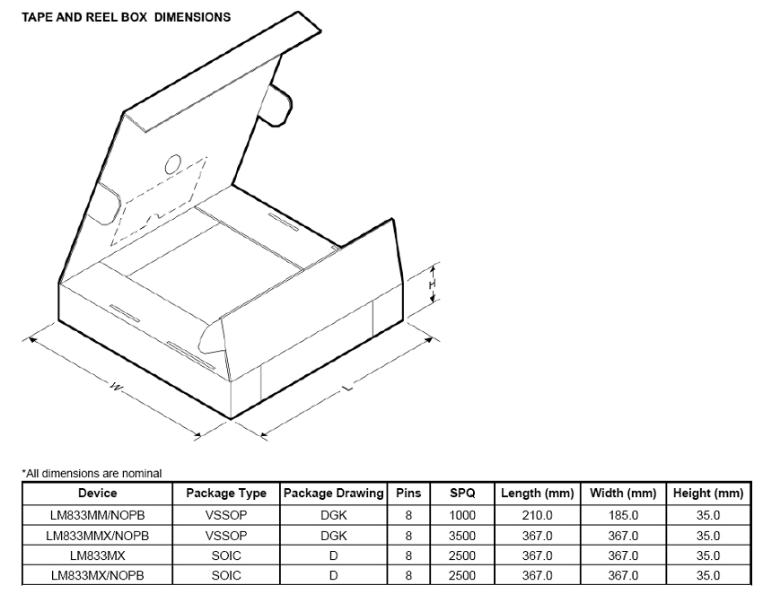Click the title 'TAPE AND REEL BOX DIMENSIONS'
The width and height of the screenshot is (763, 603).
click(126, 17)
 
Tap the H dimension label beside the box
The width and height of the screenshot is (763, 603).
click(433, 284)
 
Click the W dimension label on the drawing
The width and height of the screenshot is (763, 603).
click(116, 387)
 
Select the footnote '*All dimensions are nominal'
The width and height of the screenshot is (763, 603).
click(92, 473)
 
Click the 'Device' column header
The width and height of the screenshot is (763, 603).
click(98, 494)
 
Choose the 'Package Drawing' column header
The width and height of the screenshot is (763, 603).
click(333, 494)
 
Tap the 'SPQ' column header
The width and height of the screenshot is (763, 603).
click(462, 494)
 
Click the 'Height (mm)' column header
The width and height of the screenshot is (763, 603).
click(708, 494)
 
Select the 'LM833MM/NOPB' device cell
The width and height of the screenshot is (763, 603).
click(98, 515)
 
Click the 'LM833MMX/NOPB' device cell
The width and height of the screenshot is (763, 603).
click(98, 535)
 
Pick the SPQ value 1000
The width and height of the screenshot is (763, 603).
click(462, 515)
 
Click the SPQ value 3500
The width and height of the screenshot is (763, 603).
click(462, 535)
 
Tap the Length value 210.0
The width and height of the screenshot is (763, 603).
click(538, 515)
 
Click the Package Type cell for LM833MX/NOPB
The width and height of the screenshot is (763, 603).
click(226, 575)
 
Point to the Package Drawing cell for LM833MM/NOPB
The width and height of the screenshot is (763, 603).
click(333, 515)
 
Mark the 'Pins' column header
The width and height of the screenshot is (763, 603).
click(408, 494)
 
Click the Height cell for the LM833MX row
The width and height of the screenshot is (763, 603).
click(708, 555)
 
